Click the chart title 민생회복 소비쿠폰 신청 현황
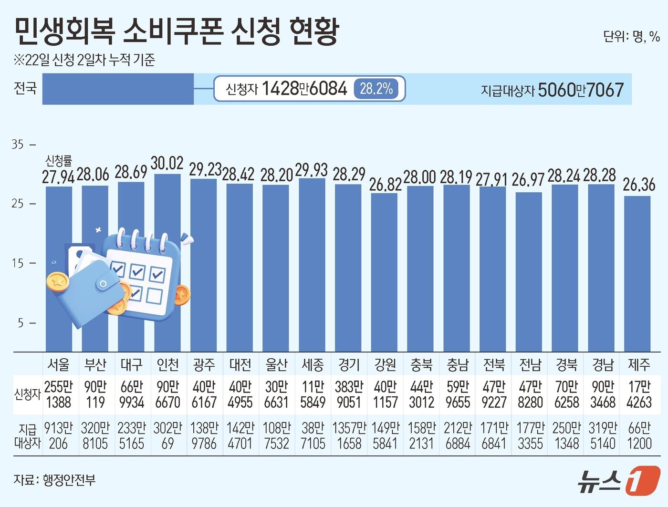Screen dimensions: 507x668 [x=177, y=31]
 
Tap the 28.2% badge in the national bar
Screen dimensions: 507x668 [x=376, y=89]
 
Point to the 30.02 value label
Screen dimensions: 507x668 [x=167, y=163]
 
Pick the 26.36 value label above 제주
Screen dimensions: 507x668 [x=639, y=185]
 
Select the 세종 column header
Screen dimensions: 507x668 [x=313, y=365]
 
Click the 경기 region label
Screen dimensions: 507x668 [x=349, y=365]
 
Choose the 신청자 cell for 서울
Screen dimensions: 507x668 [x=58, y=394]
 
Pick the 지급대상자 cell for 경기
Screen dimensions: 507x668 [x=349, y=435]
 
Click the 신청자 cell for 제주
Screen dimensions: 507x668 [x=639, y=394]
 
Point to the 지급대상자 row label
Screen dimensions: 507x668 [x=27, y=435]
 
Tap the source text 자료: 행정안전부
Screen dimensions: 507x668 [x=54, y=479]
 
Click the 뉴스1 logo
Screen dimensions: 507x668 [x=618, y=480]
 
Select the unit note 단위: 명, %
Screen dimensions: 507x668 [x=631, y=36]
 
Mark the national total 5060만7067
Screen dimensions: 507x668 [x=581, y=90]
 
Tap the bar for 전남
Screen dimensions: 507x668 [x=529, y=272]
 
